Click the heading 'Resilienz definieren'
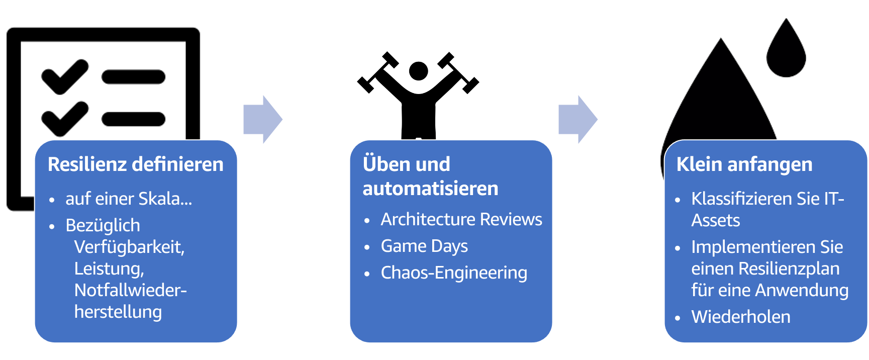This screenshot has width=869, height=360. pyautogui.click(x=135, y=164)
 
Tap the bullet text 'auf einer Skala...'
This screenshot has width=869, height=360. pyautogui.click(x=129, y=199)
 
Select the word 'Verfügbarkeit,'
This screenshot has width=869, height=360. pyautogui.click(x=129, y=247)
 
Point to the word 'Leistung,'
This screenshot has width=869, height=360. pyautogui.click(x=109, y=268)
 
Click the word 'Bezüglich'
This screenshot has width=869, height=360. pyautogui.click(x=103, y=225)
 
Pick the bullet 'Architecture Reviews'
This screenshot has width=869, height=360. pyautogui.click(x=461, y=220)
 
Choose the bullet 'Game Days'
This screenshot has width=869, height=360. pyautogui.click(x=424, y=246)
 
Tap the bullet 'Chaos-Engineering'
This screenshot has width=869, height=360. pyautogui.click(x=454, y=273)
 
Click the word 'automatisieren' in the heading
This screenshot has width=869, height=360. pyautogui.click(x=430, y=189)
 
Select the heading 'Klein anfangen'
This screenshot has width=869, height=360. pyautogui.click(x=744, y=164)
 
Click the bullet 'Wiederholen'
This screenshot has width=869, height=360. pyautogui.click(x=741, y=317)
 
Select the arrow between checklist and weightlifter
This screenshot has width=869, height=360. pyautogui.click(x=262, y=120)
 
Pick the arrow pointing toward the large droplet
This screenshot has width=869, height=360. pyautogui.click(x=577, y=120)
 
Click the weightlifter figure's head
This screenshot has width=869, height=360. pyautogui.click(x=418, y=71)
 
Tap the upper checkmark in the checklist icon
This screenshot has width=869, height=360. pyautogui.click(x=64, y=76)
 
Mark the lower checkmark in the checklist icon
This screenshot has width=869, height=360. pyautogui.click(x=64, y=119)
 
